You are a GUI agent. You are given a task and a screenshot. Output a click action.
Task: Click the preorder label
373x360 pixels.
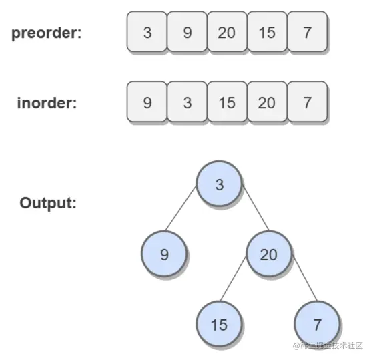click(x=47, y=33)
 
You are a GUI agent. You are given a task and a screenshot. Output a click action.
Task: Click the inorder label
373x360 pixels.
click(x=47, y=103)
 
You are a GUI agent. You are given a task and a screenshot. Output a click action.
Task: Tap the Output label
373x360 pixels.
click(x=48, y=203)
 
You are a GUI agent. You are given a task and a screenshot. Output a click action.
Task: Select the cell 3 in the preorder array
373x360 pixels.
click(x=147, y=31)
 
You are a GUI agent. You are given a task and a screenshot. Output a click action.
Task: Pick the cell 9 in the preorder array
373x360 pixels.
click(x=188, y=31)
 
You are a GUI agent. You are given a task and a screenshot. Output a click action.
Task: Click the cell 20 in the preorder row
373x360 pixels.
click(x=227, y=31)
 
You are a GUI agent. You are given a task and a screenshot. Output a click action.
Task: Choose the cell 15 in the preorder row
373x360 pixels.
click(x=267, y=31)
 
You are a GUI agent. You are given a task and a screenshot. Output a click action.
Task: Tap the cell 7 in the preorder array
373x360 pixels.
click(x=308, y=31)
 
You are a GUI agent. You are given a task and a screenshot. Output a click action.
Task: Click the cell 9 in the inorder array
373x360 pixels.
click(x=147, y=102)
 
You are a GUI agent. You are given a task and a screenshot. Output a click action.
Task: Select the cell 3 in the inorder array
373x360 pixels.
click(x=188, y=102)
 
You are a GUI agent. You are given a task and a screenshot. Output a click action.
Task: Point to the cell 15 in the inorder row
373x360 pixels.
click(x=227, y=102)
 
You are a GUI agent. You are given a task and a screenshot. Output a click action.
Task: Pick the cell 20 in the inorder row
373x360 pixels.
click(x=267, y=102)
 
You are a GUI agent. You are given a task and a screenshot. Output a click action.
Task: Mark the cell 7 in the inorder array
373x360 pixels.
click(x=308, y=102)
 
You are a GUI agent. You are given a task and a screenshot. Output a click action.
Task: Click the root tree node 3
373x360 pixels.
click(x=219, y=184)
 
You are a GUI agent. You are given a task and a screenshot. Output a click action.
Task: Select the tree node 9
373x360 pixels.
click(x=164, y=254)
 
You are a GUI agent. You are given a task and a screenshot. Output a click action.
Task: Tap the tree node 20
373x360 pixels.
click(x=269, y=254)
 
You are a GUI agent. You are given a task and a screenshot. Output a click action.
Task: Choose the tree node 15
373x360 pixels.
click(x=219, y=324)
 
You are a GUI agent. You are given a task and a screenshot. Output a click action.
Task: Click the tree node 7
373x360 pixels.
click(x=317, y=324)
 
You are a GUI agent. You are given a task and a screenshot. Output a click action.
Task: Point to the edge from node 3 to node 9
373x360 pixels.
click(x=181, y=209)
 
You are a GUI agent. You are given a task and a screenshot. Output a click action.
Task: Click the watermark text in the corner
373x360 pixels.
click(x=328, y=345)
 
